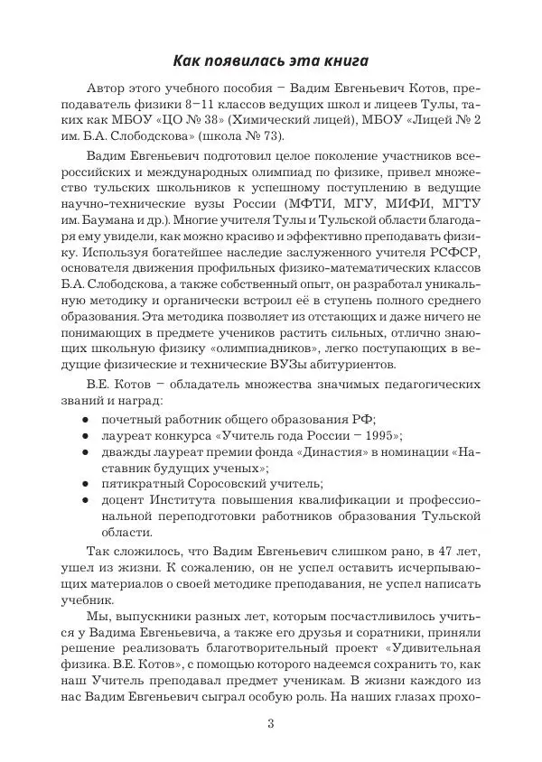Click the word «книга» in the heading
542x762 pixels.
pos(341,61)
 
